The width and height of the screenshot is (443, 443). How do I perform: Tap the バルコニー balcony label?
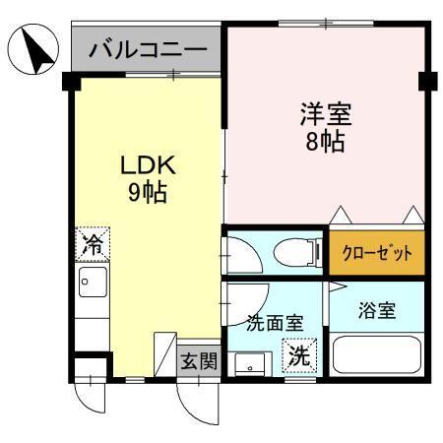coord(147,49)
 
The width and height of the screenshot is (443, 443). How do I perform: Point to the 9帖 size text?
coord(146,191)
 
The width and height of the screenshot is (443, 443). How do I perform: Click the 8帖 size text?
coord(324,142)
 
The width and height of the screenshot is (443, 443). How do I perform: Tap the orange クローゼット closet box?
coord(377,253)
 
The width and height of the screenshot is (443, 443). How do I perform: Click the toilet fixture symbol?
coord(295,252)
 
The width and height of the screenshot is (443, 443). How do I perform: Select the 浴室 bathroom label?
coord(376,311)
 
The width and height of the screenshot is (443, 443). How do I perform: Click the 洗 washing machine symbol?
coord(298,357)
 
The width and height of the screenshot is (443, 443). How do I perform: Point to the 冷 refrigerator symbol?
coord(92,243)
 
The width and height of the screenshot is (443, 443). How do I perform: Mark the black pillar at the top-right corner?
coord(426,81)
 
